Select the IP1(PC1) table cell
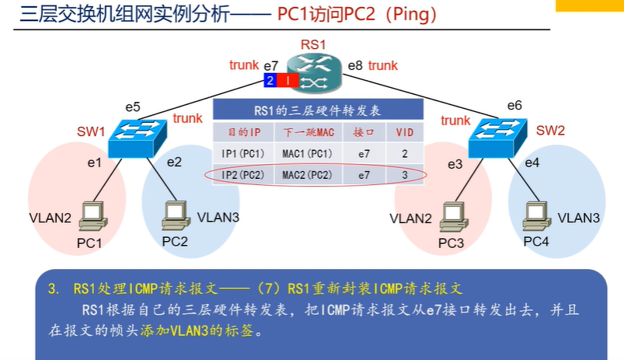click(x=243, y=154)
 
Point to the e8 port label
click(x=355, y=66)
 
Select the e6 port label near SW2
click(x=514, y=105)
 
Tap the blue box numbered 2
click(x=270, y=81)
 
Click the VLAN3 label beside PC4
click(x=579, y=218)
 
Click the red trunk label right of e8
click(x=383, y=66)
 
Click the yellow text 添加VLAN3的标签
click(x=199, y=331)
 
